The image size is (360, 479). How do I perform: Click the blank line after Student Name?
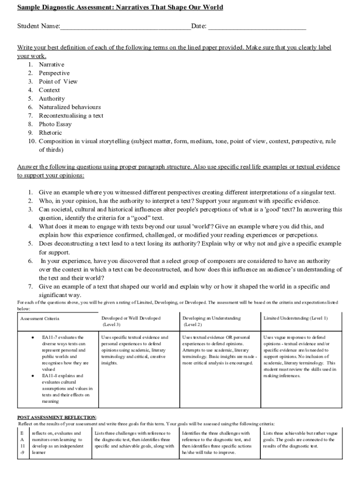point(125,27)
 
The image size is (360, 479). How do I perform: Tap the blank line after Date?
point(257,27)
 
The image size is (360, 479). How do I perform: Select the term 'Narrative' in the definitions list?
point(51,65)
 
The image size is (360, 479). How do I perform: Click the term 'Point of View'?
point(58,81)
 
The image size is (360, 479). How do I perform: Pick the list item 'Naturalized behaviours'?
point(70,107)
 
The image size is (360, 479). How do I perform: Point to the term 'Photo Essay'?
point(55,124)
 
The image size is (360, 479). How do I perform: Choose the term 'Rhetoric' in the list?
point(50,132)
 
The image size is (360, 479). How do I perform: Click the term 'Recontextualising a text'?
point(71,116)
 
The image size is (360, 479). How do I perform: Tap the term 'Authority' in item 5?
point(51,99)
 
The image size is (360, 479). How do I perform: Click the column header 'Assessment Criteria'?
point(40,319)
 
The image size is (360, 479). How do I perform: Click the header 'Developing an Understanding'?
point(211,318)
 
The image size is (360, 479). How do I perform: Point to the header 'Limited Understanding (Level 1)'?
point(295,318)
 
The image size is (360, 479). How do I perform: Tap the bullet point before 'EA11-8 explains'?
point(32,376)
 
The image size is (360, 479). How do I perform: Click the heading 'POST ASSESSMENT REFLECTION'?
point(57,417)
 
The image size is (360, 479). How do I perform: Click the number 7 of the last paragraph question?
point(29,286)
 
